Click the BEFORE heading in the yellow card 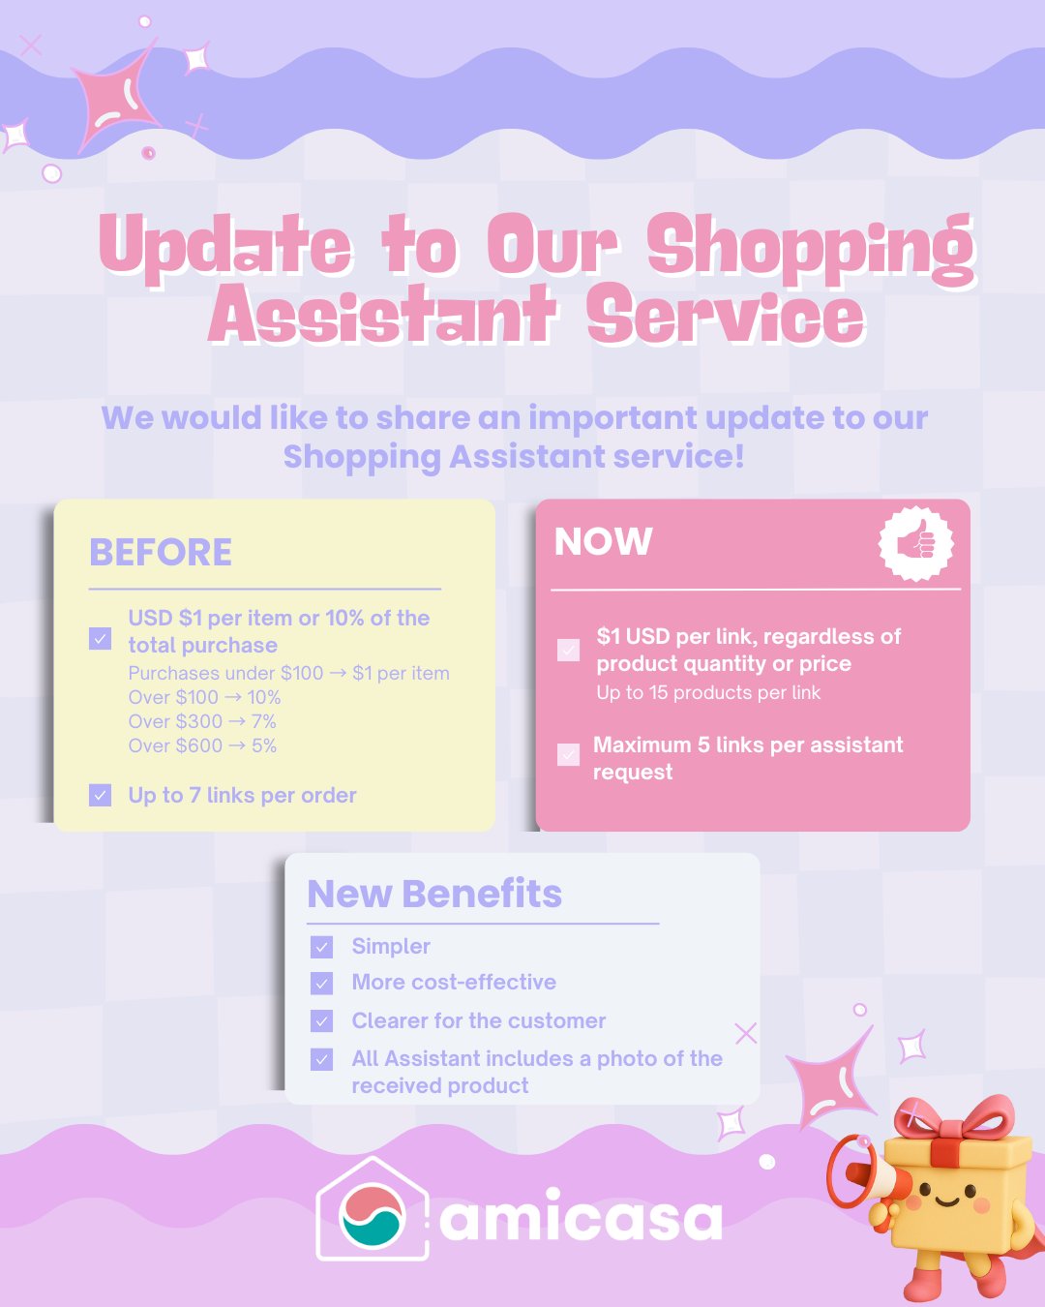point(161,553)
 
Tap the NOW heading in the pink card point(603,542)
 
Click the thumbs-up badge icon point(915,543)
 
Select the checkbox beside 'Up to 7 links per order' point(100,795)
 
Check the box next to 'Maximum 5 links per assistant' point(569,754)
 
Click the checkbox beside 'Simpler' point(322,947)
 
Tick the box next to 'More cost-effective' point(322,983)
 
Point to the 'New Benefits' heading point(434,894)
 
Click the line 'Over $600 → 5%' point(202,745)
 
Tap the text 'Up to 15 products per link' point(708,692)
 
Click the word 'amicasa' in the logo point(581,1218)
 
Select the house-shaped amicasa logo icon point(373,1210)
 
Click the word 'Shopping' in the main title point(811,247)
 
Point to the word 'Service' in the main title point(725,317)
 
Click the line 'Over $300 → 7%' point(202,721)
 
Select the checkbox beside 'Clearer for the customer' point(322,1020)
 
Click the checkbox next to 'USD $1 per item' point(100,638)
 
